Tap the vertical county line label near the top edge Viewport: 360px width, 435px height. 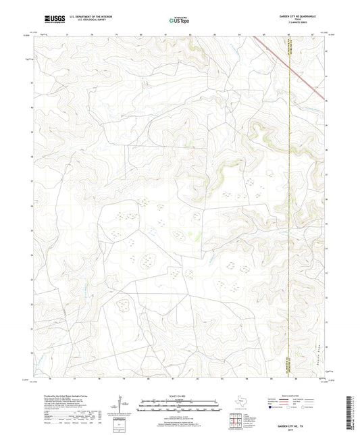290,49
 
